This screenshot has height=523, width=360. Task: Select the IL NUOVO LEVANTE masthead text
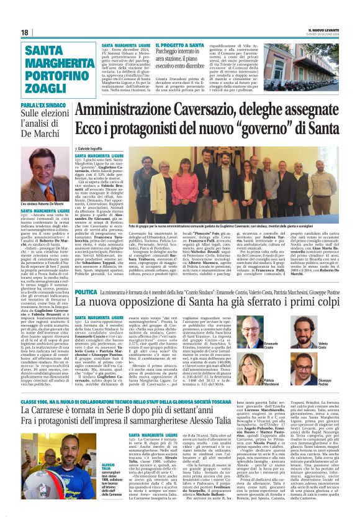click(x=315, y=30)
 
